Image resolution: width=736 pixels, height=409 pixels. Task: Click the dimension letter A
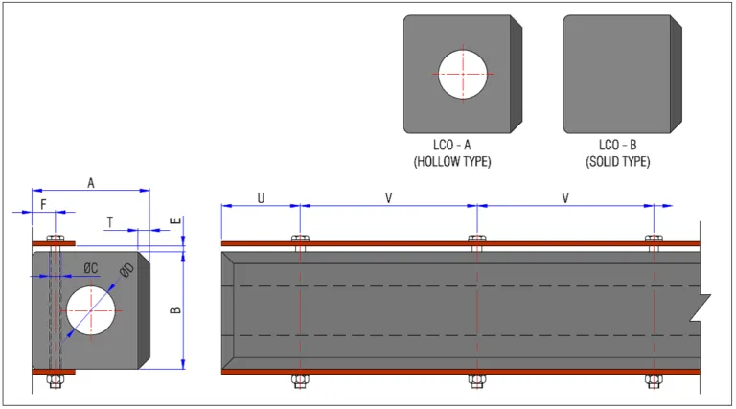91,183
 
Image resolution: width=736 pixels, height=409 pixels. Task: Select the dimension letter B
174,310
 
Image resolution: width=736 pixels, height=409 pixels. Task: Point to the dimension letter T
110,222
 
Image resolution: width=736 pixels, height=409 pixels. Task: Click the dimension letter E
174,221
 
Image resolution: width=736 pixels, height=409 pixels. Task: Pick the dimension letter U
260,198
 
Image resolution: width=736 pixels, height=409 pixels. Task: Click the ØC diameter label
89,267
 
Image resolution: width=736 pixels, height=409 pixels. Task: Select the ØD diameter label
126,271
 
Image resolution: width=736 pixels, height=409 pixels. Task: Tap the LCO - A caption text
454,146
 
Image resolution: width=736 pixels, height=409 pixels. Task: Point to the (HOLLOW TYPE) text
452,162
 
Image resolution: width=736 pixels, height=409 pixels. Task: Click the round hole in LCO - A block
464,74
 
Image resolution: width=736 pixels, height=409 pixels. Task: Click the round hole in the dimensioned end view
90,311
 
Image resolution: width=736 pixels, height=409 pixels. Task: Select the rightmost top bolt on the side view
654,239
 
